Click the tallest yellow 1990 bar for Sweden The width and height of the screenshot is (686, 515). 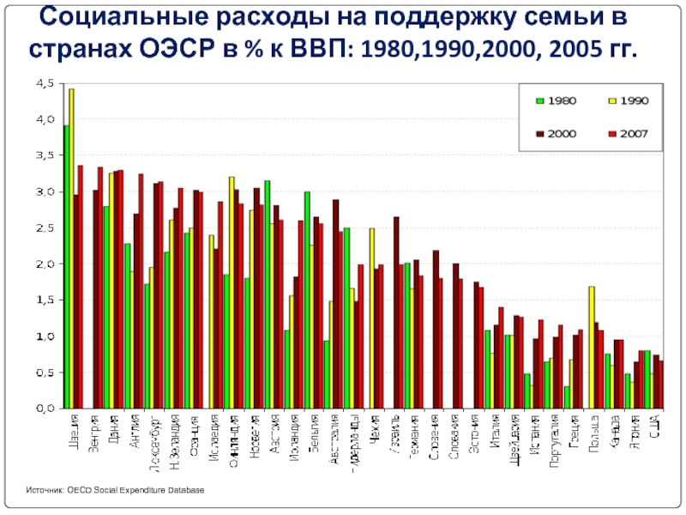[71, 249]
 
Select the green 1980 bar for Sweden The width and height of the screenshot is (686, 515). [66, 267]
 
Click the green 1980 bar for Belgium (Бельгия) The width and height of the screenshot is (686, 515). [307, 300]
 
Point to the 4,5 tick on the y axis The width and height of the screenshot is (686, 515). [44, 83]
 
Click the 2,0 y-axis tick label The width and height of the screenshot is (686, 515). [44, 264]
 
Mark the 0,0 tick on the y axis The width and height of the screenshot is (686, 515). [44, 409]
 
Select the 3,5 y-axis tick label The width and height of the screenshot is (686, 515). [44, 155]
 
